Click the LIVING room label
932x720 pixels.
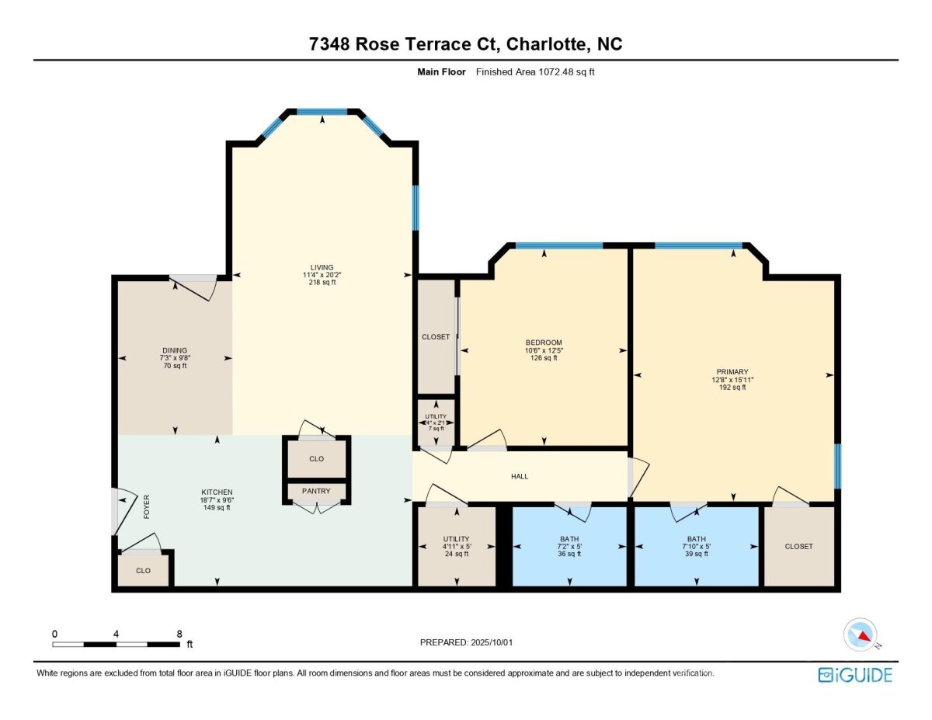322,267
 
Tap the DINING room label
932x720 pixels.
175,350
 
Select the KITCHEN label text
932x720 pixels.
217,492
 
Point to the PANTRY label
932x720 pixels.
316,491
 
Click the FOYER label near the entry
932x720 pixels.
147,507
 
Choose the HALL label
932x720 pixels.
520,476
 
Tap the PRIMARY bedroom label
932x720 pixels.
732,372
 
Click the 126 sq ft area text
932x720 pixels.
544,358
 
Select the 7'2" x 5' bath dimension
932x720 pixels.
569,547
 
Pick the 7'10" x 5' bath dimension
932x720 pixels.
696,547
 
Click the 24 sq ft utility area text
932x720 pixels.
456,554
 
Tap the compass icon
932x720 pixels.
860,635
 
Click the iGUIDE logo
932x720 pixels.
855,675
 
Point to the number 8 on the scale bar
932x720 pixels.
179,634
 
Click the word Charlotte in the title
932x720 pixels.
547,44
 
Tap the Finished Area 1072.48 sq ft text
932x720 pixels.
535,72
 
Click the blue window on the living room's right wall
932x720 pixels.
416,207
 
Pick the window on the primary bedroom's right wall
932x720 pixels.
838,466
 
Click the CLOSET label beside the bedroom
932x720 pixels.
436,337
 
